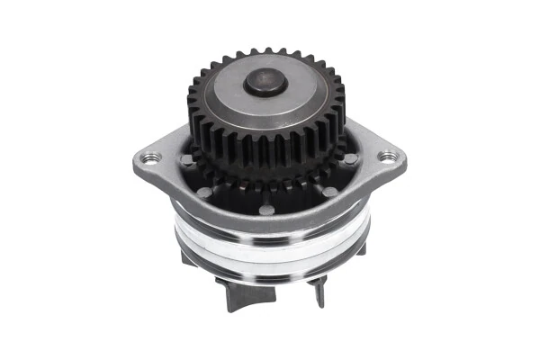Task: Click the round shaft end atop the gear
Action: tap(265, 83)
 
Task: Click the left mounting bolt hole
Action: tap(151, 157)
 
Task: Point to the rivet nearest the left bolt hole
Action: tap(186, 159)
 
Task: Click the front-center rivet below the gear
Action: tap(267, 211)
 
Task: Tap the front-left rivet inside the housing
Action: tap(205, 192)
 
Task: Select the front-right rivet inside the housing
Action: tap(329, 191)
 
